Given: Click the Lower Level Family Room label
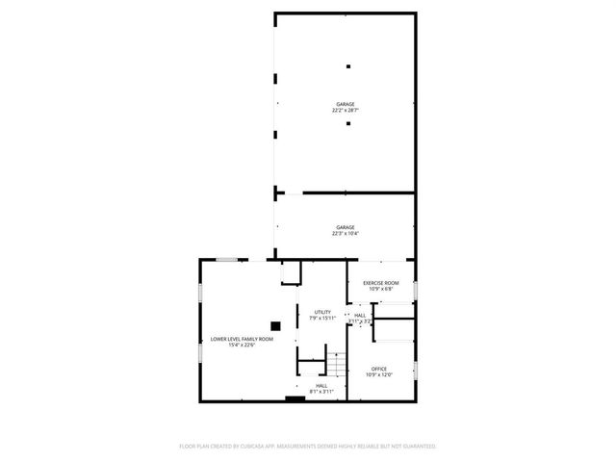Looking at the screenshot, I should click(x=242, y=339).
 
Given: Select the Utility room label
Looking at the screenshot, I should click(x=322, y=312).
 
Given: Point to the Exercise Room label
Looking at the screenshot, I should click(x=379, y=283).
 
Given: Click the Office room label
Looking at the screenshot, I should click(x=379, y=369).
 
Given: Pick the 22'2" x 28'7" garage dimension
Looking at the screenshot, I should click(x=346, y=110).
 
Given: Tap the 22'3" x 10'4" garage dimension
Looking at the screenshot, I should click(x=346, y=233).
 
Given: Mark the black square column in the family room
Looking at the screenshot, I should click(x=275, y=325).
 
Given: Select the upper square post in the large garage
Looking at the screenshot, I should click(x=348, y=65).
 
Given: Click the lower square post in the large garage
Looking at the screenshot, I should click(x=348, y=123).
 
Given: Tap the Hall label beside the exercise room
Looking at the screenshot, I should click(x=360, y=315).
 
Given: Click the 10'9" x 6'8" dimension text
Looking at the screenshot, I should click(x=379, y=289).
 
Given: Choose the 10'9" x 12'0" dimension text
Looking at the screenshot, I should click(x=379, y=374).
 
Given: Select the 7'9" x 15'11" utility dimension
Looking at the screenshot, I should click(x=322, y=318).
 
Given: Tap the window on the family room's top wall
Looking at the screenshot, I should click(x=228, y=259).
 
